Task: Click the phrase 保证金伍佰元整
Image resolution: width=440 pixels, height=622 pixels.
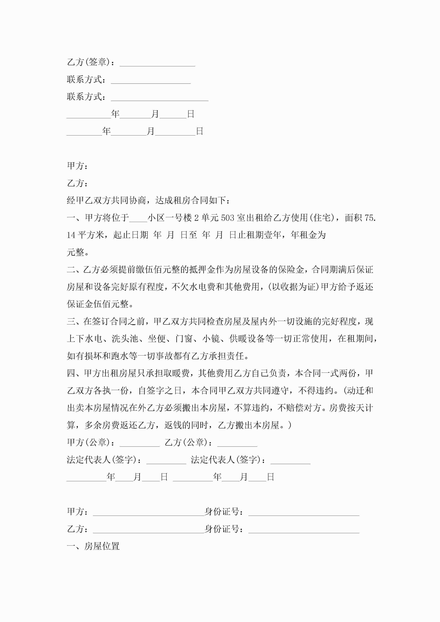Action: (x=98, y=304)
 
